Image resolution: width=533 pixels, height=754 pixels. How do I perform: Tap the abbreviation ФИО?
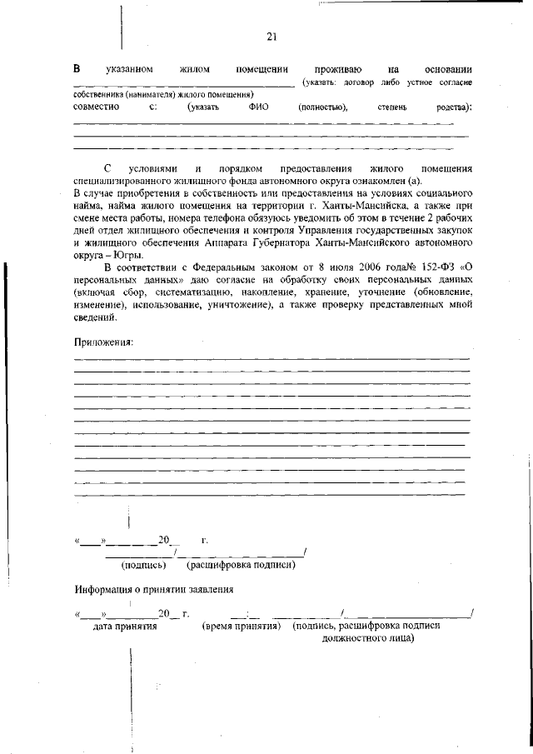(258, 107)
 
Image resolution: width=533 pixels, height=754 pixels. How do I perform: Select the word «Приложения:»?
(104, 342)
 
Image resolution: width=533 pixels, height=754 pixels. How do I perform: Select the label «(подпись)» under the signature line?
(144, 565)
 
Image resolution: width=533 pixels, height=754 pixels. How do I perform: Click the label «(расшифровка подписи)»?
(242, 565)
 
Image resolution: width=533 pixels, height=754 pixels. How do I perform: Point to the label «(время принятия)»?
(241, 625)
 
